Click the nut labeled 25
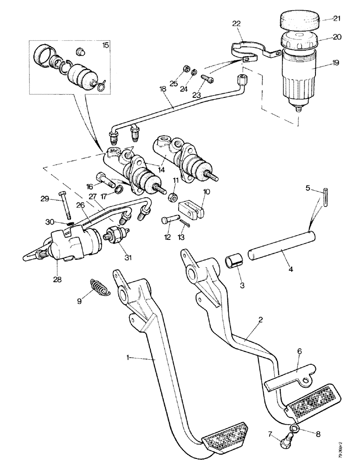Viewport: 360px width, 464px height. tap(186, 68)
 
